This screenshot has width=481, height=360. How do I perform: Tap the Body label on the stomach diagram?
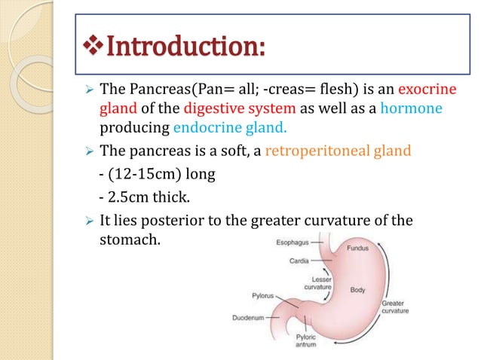[358, 288]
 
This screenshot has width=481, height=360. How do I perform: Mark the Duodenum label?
[247, 317]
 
